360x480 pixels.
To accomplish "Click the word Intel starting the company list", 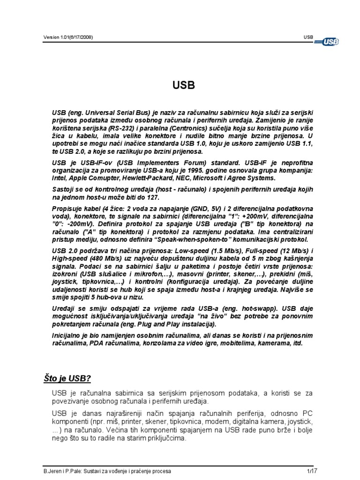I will click(x=60, y=178).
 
